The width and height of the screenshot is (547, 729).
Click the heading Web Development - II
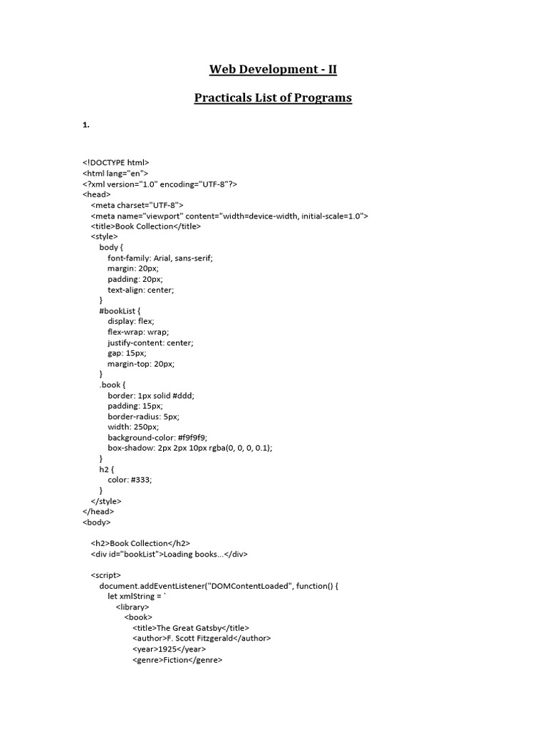tap(273, 70)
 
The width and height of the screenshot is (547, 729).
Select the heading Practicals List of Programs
tap(273, 98)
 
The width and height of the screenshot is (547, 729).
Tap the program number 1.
tap(85, 125)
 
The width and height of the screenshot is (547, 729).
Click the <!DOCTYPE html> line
tap(115, 162)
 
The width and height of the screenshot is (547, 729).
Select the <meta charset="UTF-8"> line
tap(137, 205)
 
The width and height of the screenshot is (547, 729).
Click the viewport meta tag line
tap(229, 216)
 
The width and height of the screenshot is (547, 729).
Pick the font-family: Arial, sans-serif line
tap(160, 258)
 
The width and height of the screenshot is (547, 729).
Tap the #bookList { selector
tap(120, 310)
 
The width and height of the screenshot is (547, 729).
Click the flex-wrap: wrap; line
tap(138, 332)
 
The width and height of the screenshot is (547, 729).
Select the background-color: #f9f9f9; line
tap(157, 437)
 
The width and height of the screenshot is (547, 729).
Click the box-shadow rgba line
tap(190, 448)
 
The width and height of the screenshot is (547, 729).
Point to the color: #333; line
tap(130, 479)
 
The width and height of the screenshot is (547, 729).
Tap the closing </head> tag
tap(98, 511)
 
